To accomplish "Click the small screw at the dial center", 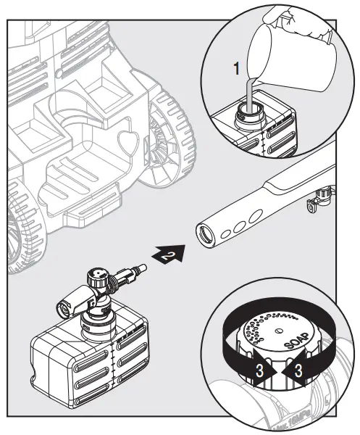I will (x=279, y=331).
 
